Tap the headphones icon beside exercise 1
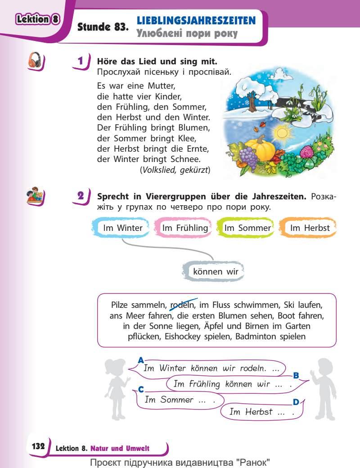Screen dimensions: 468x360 [x=36, y=60]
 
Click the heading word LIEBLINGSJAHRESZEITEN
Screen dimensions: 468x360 [x=196, y=20]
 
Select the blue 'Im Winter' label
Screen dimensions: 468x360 [x=122, y=228]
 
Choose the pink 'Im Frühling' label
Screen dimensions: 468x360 [x=185, y=228]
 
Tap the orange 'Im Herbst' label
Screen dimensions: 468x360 [x=310, y=228]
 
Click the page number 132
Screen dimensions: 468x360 [x=38, y=446]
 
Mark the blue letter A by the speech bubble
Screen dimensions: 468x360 [x=141, y=360]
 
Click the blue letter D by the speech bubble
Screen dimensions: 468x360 [x=296, y=402]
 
